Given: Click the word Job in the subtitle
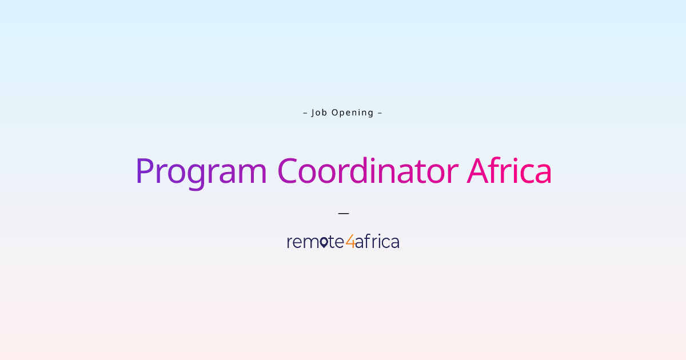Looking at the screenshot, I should tap(318, 113).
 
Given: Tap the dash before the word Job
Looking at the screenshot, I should tap(305, 113).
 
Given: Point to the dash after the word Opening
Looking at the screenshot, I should tap(380, 113).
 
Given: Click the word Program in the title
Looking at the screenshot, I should tap(201, 171).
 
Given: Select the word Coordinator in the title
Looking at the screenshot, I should tap(368, 171).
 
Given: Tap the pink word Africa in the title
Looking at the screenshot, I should tap(509, 171).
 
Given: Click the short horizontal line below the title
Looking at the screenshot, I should tap(343, 213).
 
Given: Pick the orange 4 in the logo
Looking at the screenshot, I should tap(350, 242).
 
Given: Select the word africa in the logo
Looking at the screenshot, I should tap(377, 242).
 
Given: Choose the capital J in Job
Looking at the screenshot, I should tap(313, 113).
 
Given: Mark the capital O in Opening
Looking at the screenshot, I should tap(335, 113).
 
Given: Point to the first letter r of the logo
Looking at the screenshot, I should tap(290, 243).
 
